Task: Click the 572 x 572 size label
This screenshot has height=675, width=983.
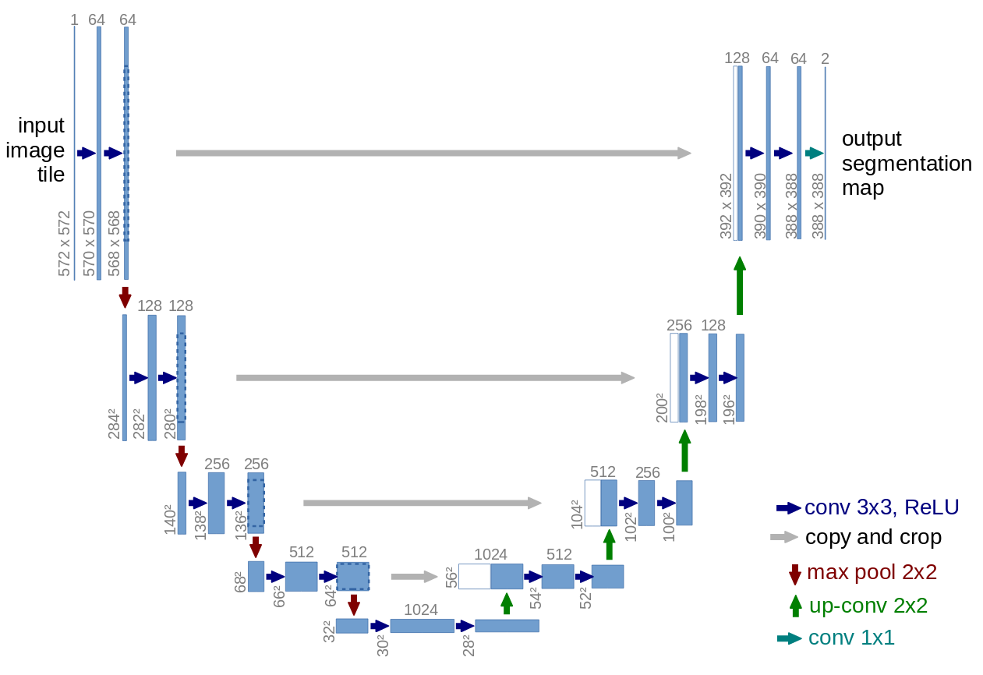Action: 64,243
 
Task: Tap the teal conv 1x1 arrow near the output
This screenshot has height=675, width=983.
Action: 815,153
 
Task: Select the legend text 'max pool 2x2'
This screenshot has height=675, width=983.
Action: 872,572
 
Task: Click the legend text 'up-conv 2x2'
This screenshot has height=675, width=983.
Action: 868,606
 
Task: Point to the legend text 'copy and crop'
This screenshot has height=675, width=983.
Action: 873,537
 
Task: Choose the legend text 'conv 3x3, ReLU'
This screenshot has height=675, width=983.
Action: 882,507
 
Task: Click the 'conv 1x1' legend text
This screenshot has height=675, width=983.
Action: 851,638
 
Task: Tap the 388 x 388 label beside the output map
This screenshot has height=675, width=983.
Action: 818,206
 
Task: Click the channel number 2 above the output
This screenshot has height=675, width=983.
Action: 825,58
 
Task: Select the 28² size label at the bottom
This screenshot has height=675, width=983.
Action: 469,644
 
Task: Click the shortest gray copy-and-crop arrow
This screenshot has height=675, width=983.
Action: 414,577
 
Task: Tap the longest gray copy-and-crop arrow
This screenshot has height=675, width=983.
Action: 433,153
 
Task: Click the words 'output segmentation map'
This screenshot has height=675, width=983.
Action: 907,164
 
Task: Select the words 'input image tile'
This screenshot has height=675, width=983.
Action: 36,150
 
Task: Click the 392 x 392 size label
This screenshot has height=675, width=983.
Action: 727,206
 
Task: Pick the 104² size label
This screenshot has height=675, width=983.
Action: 577,514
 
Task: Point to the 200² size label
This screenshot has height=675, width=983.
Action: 662,408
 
